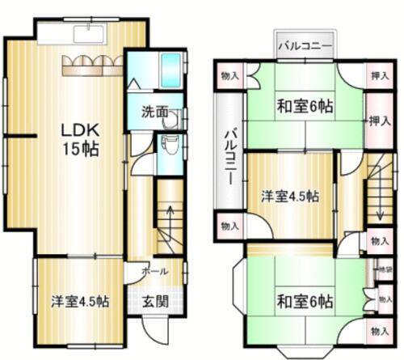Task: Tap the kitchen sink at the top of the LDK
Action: pos(88,32)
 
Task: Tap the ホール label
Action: pos(154,272)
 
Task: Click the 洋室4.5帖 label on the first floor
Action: pos(82,302)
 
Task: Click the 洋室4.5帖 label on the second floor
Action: pos(288,196)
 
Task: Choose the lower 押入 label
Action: pos(377,120)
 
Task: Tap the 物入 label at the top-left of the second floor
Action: pos(229,76)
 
